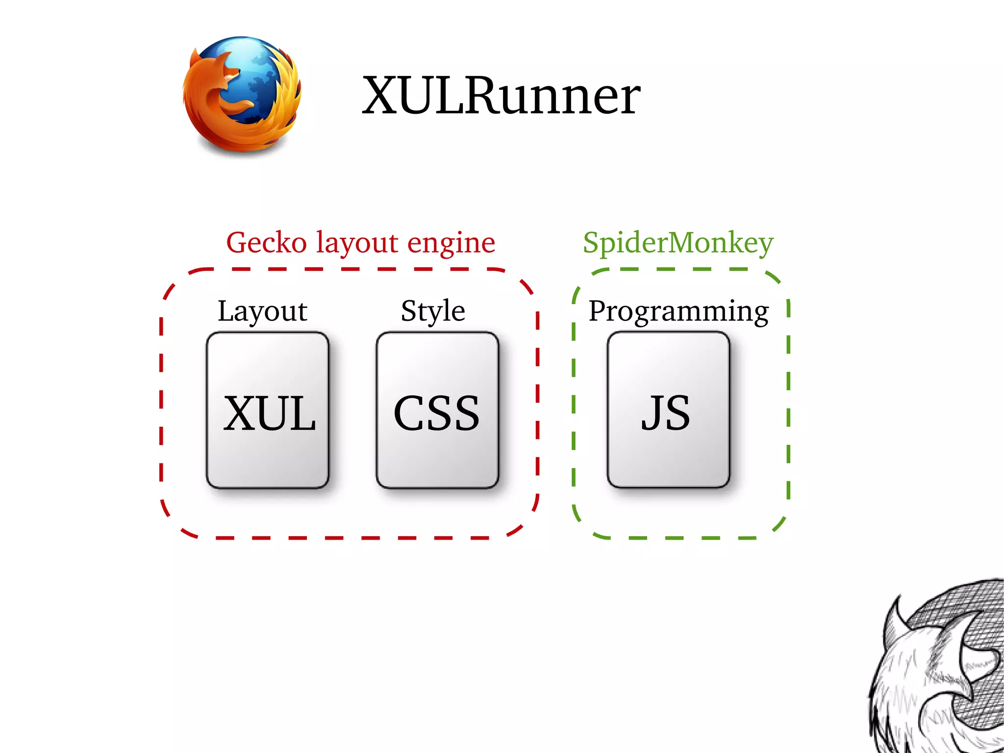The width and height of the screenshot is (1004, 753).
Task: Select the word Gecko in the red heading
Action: click(266, 242)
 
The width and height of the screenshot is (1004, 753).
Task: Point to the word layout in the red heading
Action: click(356, 243)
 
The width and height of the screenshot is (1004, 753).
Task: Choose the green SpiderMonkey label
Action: click(678, 243)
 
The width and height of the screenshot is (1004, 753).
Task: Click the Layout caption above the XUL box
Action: click(262, 311)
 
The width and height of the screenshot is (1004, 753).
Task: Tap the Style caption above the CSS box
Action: click(432, 311)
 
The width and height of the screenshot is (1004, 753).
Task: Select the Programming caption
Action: click(678, 311)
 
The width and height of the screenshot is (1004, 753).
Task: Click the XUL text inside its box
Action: click(269, 414)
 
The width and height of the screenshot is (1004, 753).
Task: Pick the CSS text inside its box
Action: click(436, 414)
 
